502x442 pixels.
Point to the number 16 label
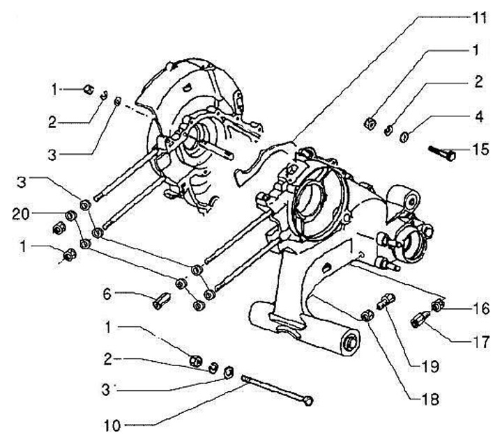(480, 307)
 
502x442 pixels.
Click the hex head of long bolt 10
(309, 400)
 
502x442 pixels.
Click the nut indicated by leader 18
(367, 317)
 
